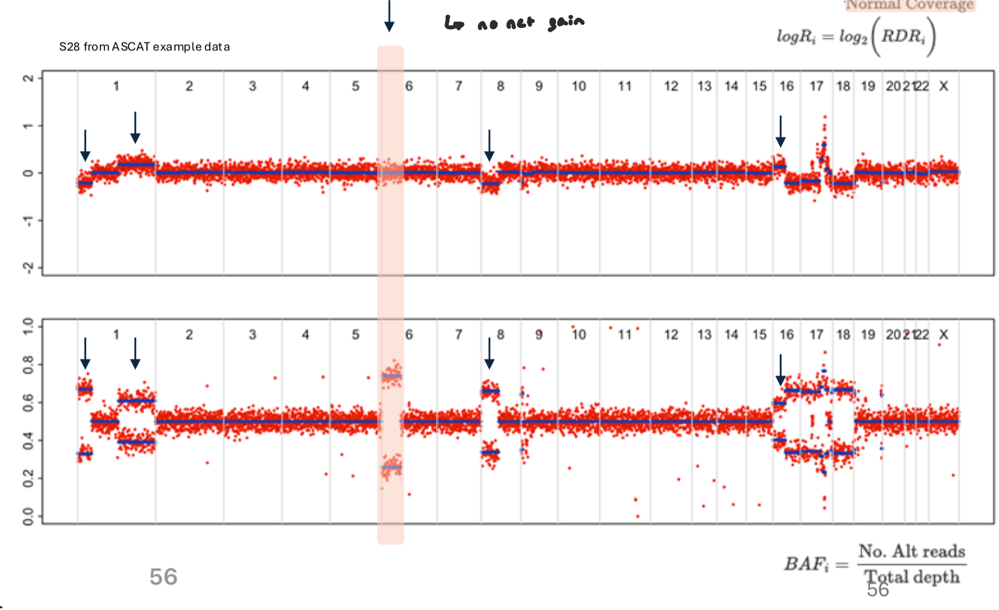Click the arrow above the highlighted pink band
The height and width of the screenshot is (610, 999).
click(389, 16)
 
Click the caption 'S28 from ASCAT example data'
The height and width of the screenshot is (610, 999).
click(145, 47)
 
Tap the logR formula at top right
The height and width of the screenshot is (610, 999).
click(856, 36)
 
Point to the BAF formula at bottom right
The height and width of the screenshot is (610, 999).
click(875, 564)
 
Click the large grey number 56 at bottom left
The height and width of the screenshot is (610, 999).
click(163, 577)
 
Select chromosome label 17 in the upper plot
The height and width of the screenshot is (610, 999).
click(816, 86)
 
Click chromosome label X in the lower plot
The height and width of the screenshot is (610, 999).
click(943, 335)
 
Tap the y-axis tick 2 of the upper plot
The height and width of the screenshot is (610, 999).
click(28, 78)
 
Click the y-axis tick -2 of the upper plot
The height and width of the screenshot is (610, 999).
click(28, 268)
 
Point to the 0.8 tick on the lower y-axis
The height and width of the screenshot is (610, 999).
click(28, 365)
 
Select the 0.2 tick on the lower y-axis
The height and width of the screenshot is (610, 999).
click(28, 478)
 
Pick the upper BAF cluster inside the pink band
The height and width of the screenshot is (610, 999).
click(391, 375)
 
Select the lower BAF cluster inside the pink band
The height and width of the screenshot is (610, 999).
click(391, 467)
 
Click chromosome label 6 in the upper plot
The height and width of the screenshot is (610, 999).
click(409, 86)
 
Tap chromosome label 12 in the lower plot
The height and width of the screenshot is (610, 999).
click(671, 335)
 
